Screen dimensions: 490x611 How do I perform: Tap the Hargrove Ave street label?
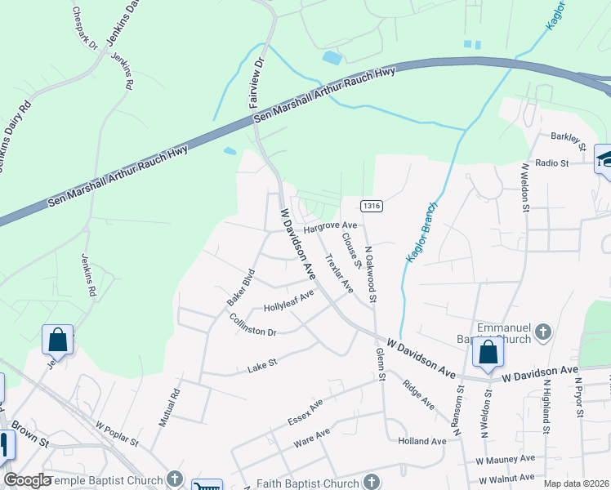[x=331, y=225]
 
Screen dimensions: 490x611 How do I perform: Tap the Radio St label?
[x=551, y=163]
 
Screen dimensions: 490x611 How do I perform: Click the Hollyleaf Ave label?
[x=288, y=302]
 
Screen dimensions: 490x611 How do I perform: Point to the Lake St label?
[x=263, y=369]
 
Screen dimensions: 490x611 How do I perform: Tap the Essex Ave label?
[x=305, y=412]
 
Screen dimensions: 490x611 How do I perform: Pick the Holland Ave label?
[x=421, y=441]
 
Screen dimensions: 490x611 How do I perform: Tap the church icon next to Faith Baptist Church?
[x=372, y=482]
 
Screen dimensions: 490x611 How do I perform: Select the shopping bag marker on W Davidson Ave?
[x=488, y=353]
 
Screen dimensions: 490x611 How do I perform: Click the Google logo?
[x=27, y=480]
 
